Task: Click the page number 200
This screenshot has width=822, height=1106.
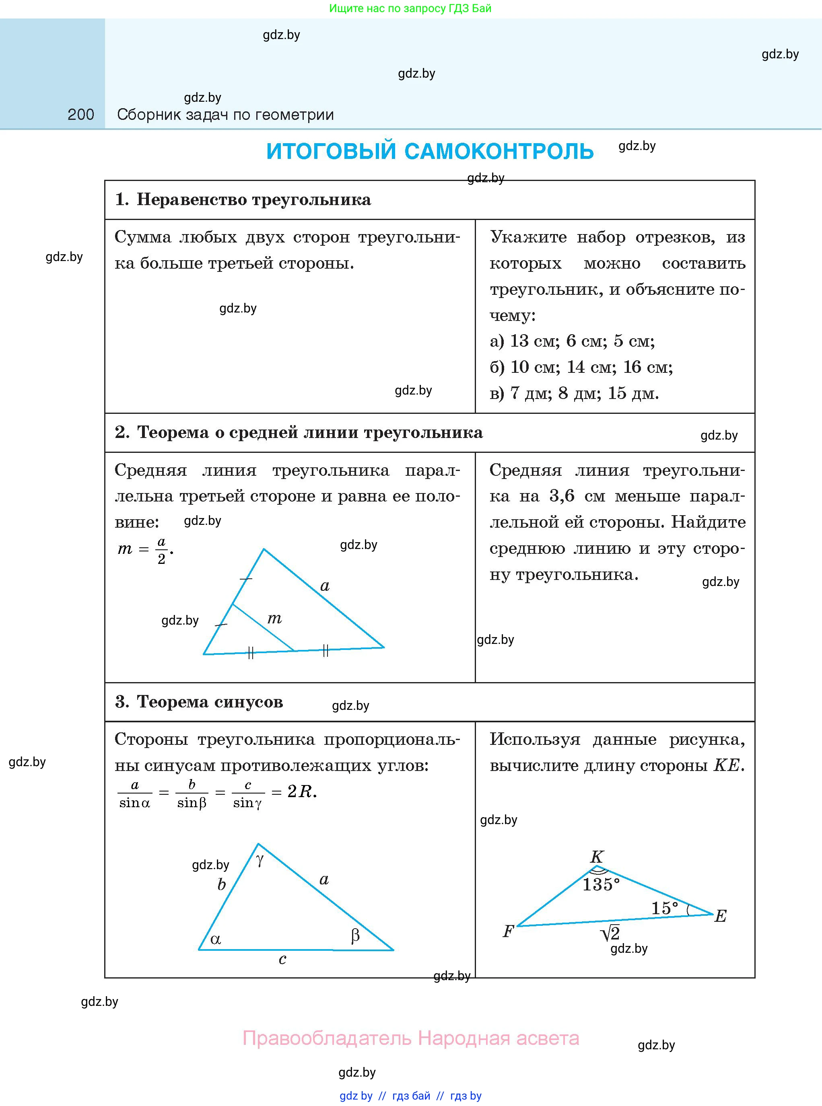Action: [80, 115]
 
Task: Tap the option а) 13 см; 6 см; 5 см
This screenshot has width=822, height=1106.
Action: [572, 341]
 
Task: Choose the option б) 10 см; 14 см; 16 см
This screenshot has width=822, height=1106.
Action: [581, 368]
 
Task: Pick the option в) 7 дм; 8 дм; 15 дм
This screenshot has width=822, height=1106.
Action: [574, 393]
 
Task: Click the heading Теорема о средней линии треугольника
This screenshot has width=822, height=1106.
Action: [309, 433]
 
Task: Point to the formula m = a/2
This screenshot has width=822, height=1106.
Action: [145, 549]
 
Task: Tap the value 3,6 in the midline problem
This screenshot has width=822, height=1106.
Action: [562, 496]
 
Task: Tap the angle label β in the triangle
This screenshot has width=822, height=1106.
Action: [355, 936]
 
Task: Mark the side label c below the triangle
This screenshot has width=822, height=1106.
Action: [282, 959]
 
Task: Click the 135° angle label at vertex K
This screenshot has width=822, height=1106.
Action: [601, 885]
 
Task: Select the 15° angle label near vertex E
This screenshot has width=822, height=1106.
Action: [664, 908]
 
